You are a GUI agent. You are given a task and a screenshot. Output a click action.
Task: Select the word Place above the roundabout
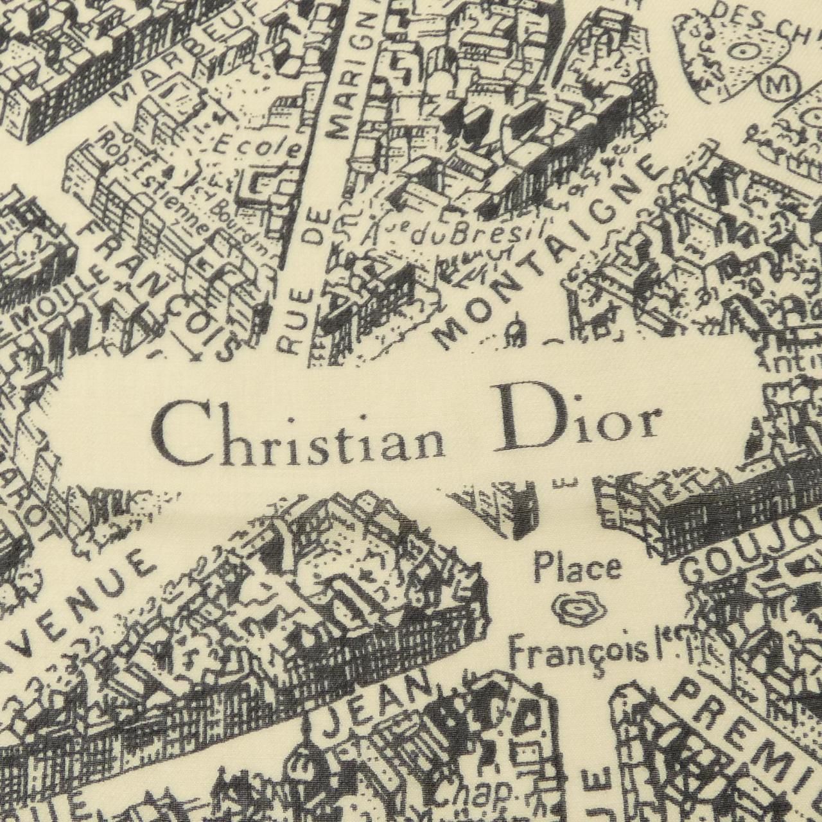coord(578,568)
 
